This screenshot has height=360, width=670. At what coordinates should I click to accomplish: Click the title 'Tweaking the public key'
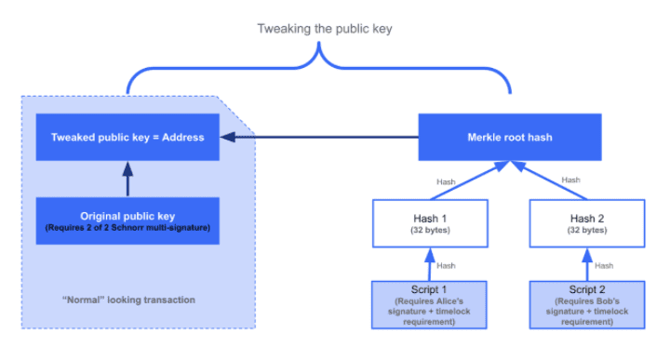pos(325,29)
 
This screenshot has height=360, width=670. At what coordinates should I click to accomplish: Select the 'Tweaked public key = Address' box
pos(127,137)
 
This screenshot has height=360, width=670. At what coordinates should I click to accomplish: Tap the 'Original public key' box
pos(127,220)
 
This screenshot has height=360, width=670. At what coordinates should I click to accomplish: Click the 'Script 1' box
pos(431,304)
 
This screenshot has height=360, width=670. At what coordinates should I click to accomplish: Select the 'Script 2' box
pos(587,304)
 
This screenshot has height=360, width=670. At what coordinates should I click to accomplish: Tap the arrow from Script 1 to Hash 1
pos(431,264)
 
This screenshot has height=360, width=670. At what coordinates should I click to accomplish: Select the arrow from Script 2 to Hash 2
pos(587,264)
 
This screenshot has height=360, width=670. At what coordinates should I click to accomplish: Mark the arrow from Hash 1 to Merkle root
pos(470,180)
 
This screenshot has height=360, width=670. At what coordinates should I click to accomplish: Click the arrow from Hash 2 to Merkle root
pos(549,180)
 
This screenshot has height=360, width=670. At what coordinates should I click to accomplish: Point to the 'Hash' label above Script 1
pos(448,265)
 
